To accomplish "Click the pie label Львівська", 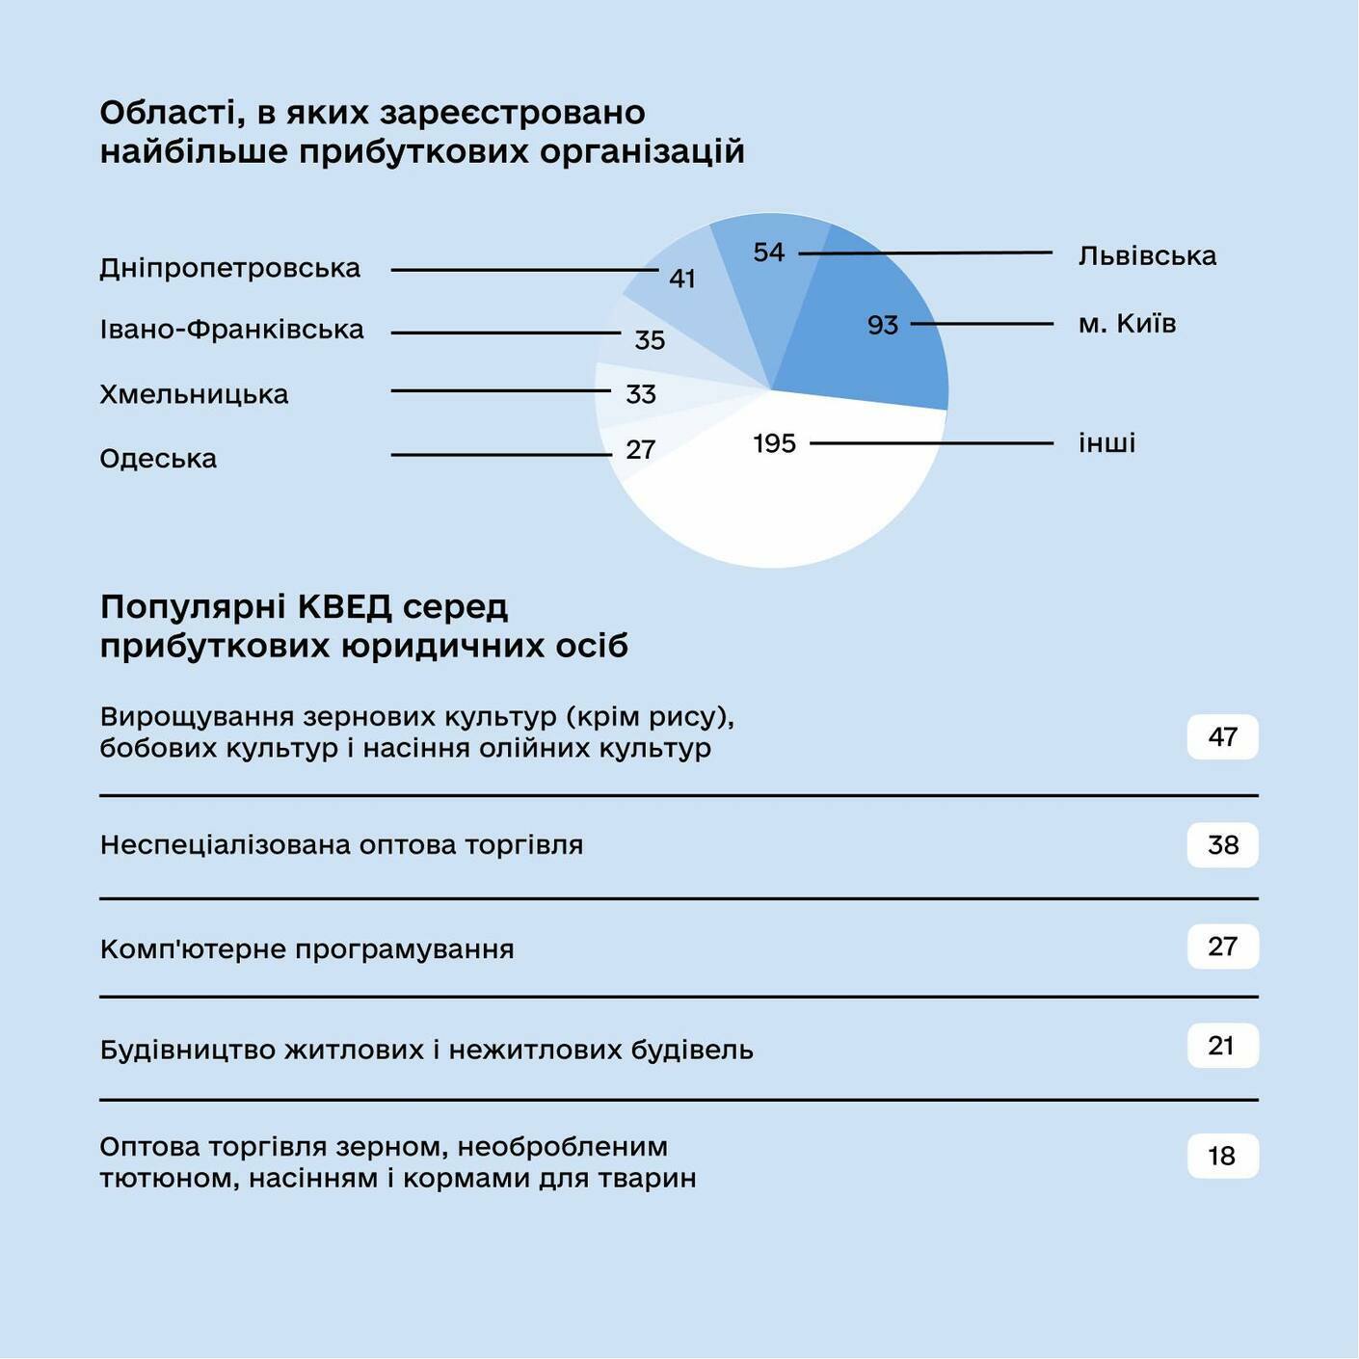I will tap(1147, 256).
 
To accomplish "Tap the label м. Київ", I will tap(1127, 324).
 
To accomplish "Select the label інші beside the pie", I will tap(1106, 443).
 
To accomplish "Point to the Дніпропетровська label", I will tap(229, 269).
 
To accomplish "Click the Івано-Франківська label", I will tap(231, 331).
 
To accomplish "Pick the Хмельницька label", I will tap(194, 395).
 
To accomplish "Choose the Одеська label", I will tap(158, 459).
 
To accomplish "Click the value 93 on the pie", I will tap(882, 326).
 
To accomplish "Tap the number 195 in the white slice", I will tap(774, 444).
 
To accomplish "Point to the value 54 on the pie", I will tap(769, 253).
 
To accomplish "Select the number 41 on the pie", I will tap(682, 280).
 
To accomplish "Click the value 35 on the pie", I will tap(650, 340).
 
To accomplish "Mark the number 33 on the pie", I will tap(641, 395).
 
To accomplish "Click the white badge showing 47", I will tap(1222, 737).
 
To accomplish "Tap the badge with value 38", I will tap(1222, 845).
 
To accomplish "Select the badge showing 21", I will tap(1222, 1046).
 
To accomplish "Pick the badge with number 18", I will tap(1222, 1156).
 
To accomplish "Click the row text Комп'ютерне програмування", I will tap(306, 949).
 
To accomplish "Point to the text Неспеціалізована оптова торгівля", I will tap(341, 845).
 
